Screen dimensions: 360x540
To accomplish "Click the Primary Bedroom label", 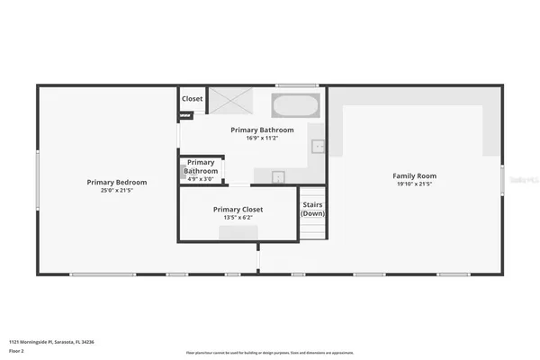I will (x=117, y=182).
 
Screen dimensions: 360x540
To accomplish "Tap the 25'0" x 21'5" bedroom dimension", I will (x=117, y=191).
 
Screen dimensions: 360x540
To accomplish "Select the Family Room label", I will (x=414, y=175).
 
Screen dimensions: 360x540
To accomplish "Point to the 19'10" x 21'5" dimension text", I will (x=414, y=184).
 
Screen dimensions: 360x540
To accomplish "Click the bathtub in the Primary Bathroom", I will (x=294, y=105).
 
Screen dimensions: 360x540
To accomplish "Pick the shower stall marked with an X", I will (x=228, y=101).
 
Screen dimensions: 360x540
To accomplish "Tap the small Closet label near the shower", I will (x=192, y=99).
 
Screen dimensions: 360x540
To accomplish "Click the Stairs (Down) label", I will (x=312, y=209).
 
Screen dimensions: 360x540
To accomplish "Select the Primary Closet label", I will (x=238, y=209).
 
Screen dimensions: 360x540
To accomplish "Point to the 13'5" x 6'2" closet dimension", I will (x=238, y=217).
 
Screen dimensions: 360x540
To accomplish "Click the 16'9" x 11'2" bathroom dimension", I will (x=262, y=138).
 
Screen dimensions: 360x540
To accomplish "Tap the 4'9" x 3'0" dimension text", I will (x=201, y=179).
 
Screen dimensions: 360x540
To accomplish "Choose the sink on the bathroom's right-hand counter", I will (x=318, y=146).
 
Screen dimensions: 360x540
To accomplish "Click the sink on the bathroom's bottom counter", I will (x=278, y=176).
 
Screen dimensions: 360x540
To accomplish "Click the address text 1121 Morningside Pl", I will (x=51, y=342).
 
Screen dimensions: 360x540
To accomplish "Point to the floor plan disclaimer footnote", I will (x=269, y=353).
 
